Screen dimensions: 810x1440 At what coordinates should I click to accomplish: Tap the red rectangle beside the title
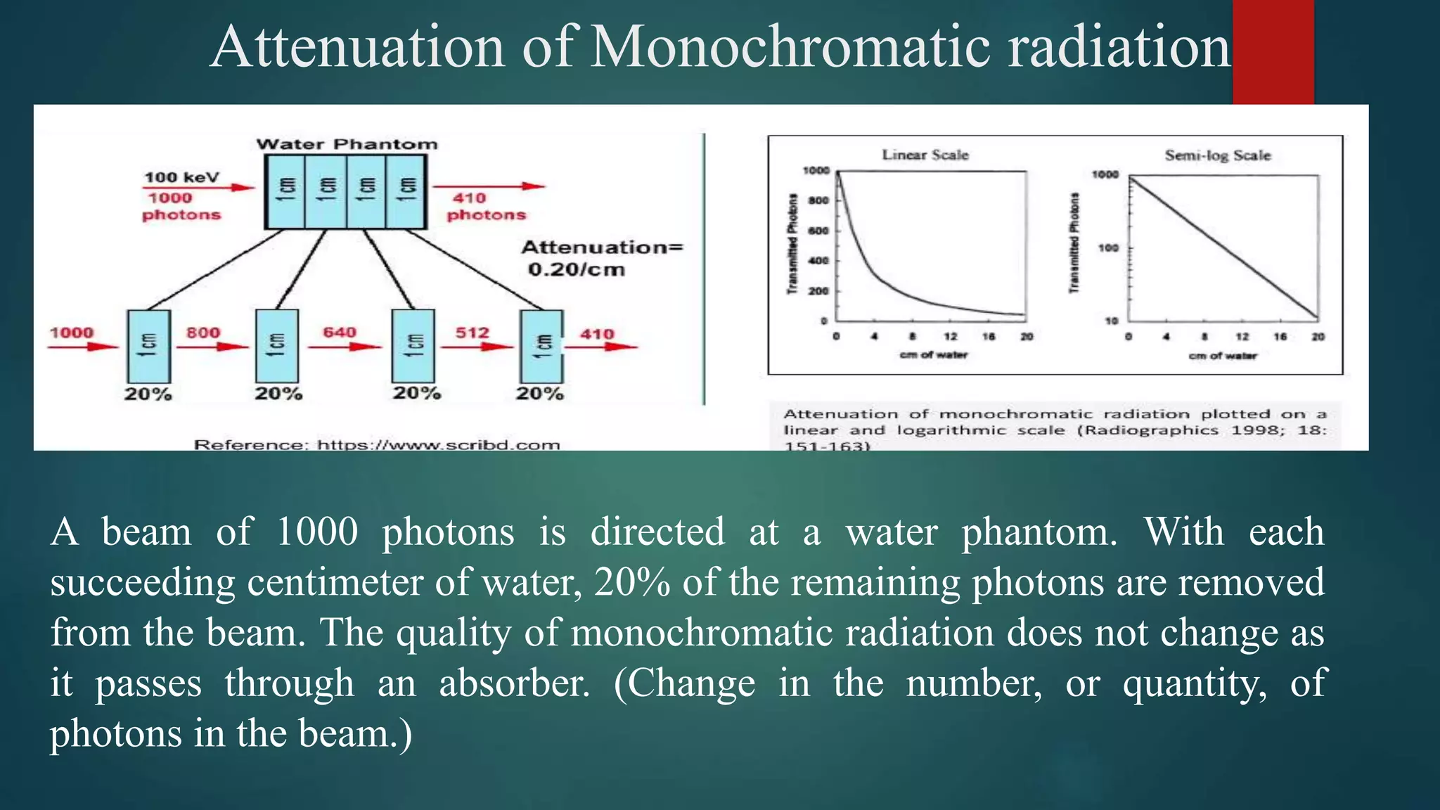1273,52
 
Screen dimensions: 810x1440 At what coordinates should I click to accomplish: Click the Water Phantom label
347,144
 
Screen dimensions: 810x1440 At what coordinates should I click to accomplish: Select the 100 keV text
181,177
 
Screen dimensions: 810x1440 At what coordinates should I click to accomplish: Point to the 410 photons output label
486,207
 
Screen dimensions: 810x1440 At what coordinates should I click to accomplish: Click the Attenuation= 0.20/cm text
601,258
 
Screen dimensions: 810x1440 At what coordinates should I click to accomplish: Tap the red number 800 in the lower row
203,333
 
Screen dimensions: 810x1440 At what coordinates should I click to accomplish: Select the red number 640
340,332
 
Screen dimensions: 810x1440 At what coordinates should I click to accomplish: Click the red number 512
472,333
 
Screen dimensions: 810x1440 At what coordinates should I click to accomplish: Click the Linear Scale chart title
925,155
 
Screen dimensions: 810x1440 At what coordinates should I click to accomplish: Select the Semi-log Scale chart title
1217,155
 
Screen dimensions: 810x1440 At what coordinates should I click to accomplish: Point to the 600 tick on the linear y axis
818,231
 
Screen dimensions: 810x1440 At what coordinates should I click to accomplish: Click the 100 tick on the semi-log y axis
1108,247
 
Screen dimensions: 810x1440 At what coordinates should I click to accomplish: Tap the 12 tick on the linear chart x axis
950,337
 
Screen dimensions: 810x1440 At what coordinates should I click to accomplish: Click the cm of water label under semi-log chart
1223,356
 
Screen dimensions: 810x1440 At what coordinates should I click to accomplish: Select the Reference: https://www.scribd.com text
377,444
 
